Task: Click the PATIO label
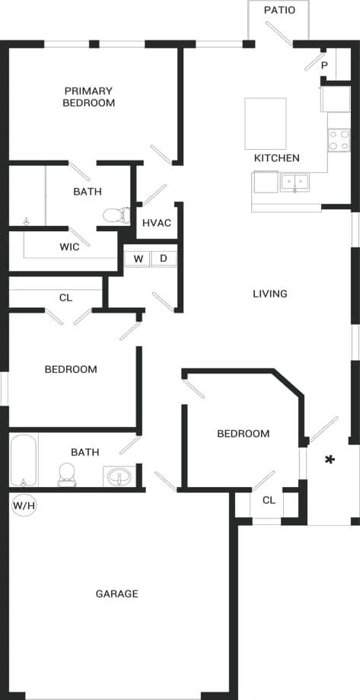click(279, 10)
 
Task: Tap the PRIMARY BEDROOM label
click(89, 97)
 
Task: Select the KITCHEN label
click(276, 158)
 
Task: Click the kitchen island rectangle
click(265, 123)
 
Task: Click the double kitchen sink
click(294, 182)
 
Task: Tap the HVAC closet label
click(157, 223)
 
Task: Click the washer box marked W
click(139, 259)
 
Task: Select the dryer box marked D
click(163, 259)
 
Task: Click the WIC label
click(70, 247)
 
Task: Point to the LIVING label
click(270, 294)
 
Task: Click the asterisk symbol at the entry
click(330, 459)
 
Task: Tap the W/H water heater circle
click(22, 504)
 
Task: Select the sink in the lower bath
click(119, 477)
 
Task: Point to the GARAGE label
click(116, 593)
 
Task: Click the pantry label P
click(324, 65)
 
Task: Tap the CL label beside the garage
click(268, 500)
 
